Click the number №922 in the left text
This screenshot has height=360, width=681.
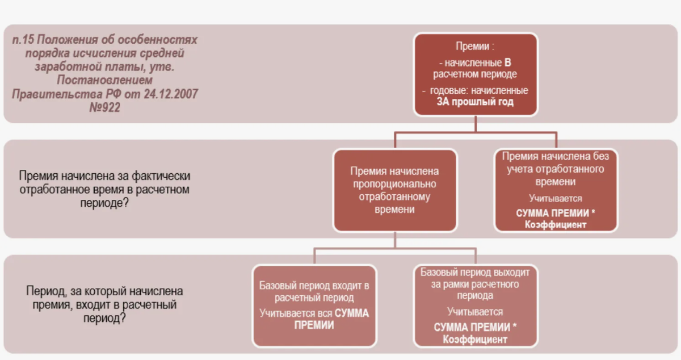(105, 108)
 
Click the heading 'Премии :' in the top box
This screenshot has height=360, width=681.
(475, 47)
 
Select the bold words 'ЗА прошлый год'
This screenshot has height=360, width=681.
(475, 102)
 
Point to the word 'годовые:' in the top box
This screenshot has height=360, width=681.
(451, 91)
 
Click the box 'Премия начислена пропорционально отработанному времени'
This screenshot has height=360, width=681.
(394, 190)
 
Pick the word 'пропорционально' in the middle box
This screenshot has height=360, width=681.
(394, 184)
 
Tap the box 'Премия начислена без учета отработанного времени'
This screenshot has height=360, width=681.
(556, 190)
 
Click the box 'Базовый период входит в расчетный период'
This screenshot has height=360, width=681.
(314, 305)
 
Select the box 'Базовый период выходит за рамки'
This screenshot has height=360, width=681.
(475, 305)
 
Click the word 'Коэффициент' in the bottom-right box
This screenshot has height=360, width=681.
(476, 340)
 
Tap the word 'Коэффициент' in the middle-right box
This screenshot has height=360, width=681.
(556, 225)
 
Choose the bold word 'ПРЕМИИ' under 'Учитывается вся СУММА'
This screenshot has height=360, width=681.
(314, 325)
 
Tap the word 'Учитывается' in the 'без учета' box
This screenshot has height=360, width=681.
(556, 199)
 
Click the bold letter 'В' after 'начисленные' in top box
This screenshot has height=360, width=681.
(508, 62)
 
